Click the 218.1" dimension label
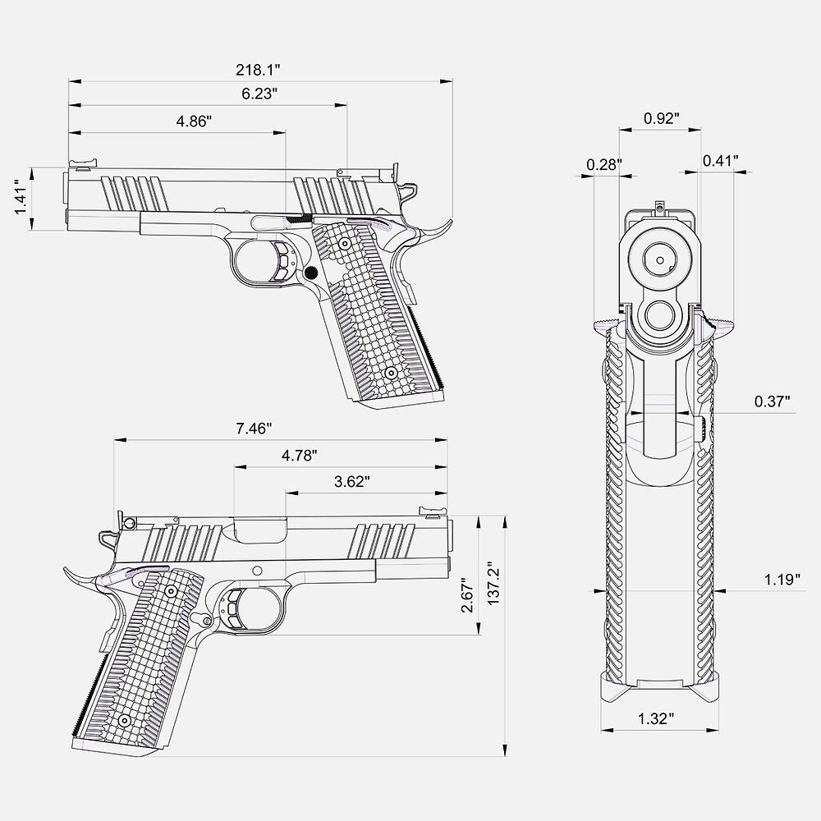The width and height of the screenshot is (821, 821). click(x=258, y=70)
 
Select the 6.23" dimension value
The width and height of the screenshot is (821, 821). click(x=259, y=94)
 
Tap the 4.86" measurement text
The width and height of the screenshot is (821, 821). click(x=194, y=121)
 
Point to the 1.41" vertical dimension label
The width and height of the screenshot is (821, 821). click(x=21, y=198)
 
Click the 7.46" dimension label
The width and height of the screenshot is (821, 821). click(x=254, y=429)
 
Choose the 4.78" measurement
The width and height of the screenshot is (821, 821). click(x=300, y=456)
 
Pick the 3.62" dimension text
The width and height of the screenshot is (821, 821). click(x=352, y=482)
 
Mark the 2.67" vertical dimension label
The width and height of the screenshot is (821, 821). click(x=467, y=594)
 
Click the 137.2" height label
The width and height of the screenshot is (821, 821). click(x=493, y=584)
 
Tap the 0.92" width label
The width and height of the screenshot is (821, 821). click(x=661, y=118)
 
